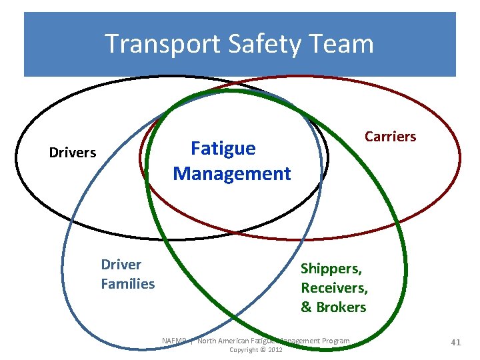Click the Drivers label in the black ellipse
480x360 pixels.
click(73, 153)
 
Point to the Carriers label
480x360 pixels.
click(390, 137)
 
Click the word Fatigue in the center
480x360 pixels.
click(223, 148)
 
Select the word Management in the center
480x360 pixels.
click(232, 174)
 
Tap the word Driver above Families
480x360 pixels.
click(121, 265)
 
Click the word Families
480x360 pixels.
click(127, 284)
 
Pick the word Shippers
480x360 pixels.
click(331, 269)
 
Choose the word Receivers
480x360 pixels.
click(334, 288)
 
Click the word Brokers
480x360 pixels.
click(342, 307)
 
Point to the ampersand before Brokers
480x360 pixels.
click(307, 307)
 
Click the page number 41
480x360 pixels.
click(456, 342)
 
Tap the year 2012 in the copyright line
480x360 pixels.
click(274, 350)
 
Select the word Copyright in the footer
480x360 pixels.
click(243, 350)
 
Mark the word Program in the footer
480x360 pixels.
click(333, 341)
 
